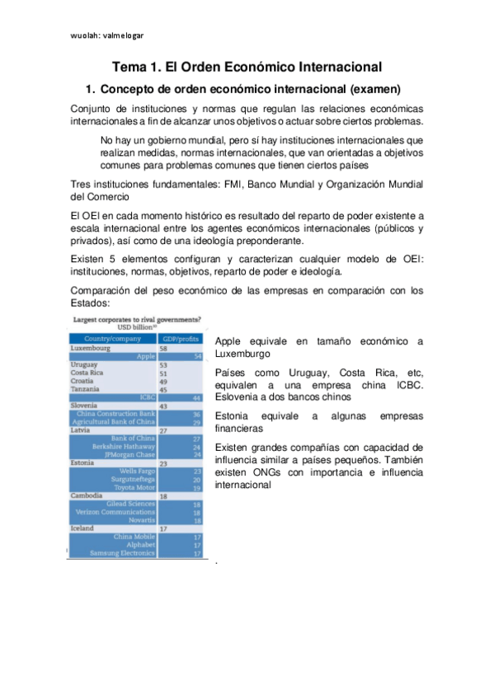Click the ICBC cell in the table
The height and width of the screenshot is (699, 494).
[148, 396]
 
